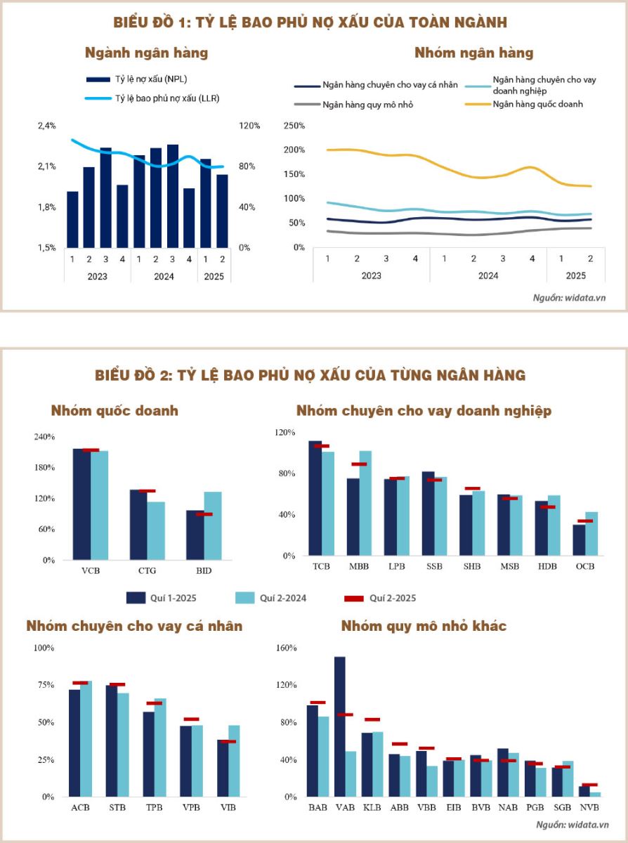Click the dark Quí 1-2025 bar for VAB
[339, 726]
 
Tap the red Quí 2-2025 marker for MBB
[359, 464]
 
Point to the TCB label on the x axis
[320, 566]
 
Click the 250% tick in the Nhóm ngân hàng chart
[294, 125]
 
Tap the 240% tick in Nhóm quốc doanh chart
[44, 437]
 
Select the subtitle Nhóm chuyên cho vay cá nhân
[134, 625]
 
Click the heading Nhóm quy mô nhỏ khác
[424, 625]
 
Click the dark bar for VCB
[81, 504]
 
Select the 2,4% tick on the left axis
[46, 126]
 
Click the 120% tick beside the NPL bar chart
[249, 126]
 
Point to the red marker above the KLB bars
[372, 719]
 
